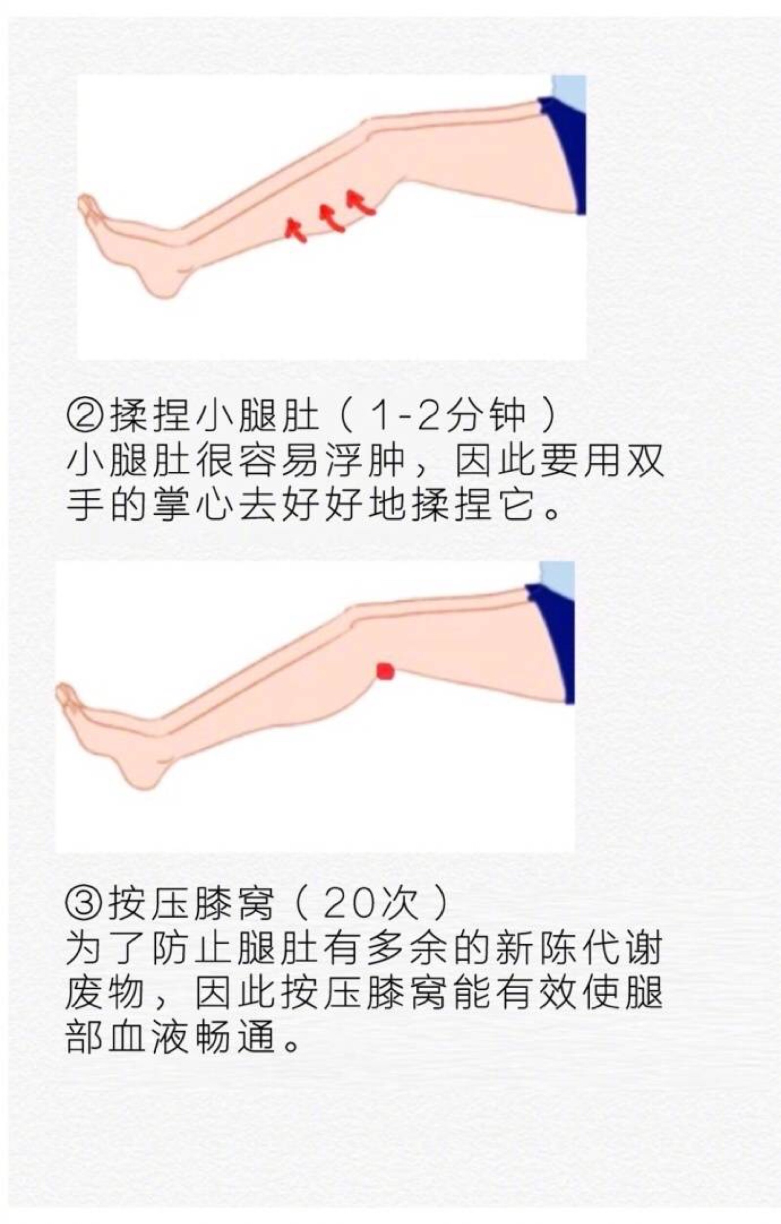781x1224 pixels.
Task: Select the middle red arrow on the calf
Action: (331, 218)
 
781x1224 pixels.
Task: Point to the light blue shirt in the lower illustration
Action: (557, 579)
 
